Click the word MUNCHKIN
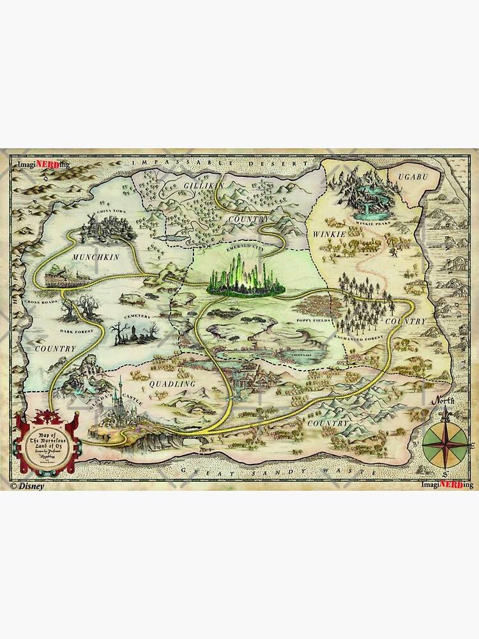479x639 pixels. click(96, 257)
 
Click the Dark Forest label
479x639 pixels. click(77, 331)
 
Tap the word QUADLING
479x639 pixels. click(171, 384)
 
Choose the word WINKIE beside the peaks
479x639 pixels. click(330, 235)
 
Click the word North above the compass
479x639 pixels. click(442, 401)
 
